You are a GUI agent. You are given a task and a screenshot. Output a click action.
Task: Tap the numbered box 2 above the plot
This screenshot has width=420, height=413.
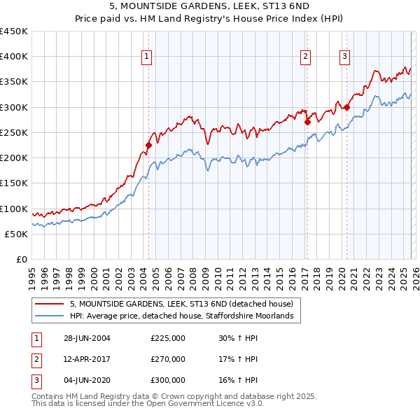click(x=306, y=57)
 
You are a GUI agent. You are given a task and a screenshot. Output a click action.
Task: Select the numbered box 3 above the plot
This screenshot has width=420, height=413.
click(x=345, y=57)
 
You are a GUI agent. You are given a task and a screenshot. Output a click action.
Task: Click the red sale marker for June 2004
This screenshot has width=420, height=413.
click(x=148, y=146)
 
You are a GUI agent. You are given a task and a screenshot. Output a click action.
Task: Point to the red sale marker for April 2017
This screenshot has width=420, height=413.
click(x=307, y=122)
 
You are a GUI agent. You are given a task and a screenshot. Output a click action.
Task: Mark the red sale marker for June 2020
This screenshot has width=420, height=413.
click(x=346, y=107)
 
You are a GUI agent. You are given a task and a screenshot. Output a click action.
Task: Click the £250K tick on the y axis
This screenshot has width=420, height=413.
click(x=14, y=132)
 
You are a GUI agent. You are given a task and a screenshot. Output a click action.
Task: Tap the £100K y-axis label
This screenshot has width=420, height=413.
click(x=14, y=209)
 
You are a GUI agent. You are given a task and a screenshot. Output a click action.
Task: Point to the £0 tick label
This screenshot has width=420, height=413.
click(x=21, y=259)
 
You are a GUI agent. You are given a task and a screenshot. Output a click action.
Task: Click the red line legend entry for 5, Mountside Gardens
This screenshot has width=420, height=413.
click(x=185, y=304)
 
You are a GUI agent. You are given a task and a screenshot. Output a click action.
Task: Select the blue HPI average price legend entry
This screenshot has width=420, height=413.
click(x=185, y=316)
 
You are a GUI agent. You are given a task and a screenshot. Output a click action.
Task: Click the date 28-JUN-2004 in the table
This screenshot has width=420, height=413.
click(x=87, y=338)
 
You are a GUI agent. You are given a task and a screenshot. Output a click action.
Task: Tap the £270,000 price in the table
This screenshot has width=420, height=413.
click(x=168, y=359)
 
